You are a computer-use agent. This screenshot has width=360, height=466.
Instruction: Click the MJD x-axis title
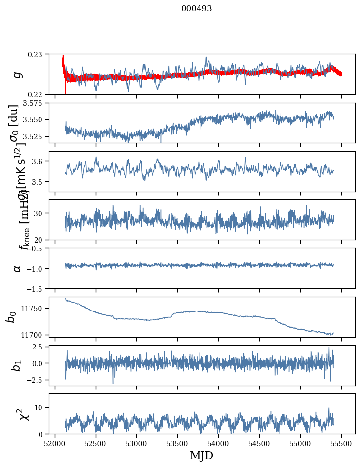pos(201,456)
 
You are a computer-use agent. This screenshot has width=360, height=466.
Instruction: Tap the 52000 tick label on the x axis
pos(55,442)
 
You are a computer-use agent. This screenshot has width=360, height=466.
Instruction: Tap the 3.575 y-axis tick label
pos(35,103)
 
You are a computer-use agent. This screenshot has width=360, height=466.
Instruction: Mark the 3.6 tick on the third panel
pos(39,161)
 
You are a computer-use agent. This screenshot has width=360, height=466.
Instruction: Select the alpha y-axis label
pos(17,268)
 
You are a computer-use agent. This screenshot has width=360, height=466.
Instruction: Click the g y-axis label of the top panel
pos(17,74)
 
